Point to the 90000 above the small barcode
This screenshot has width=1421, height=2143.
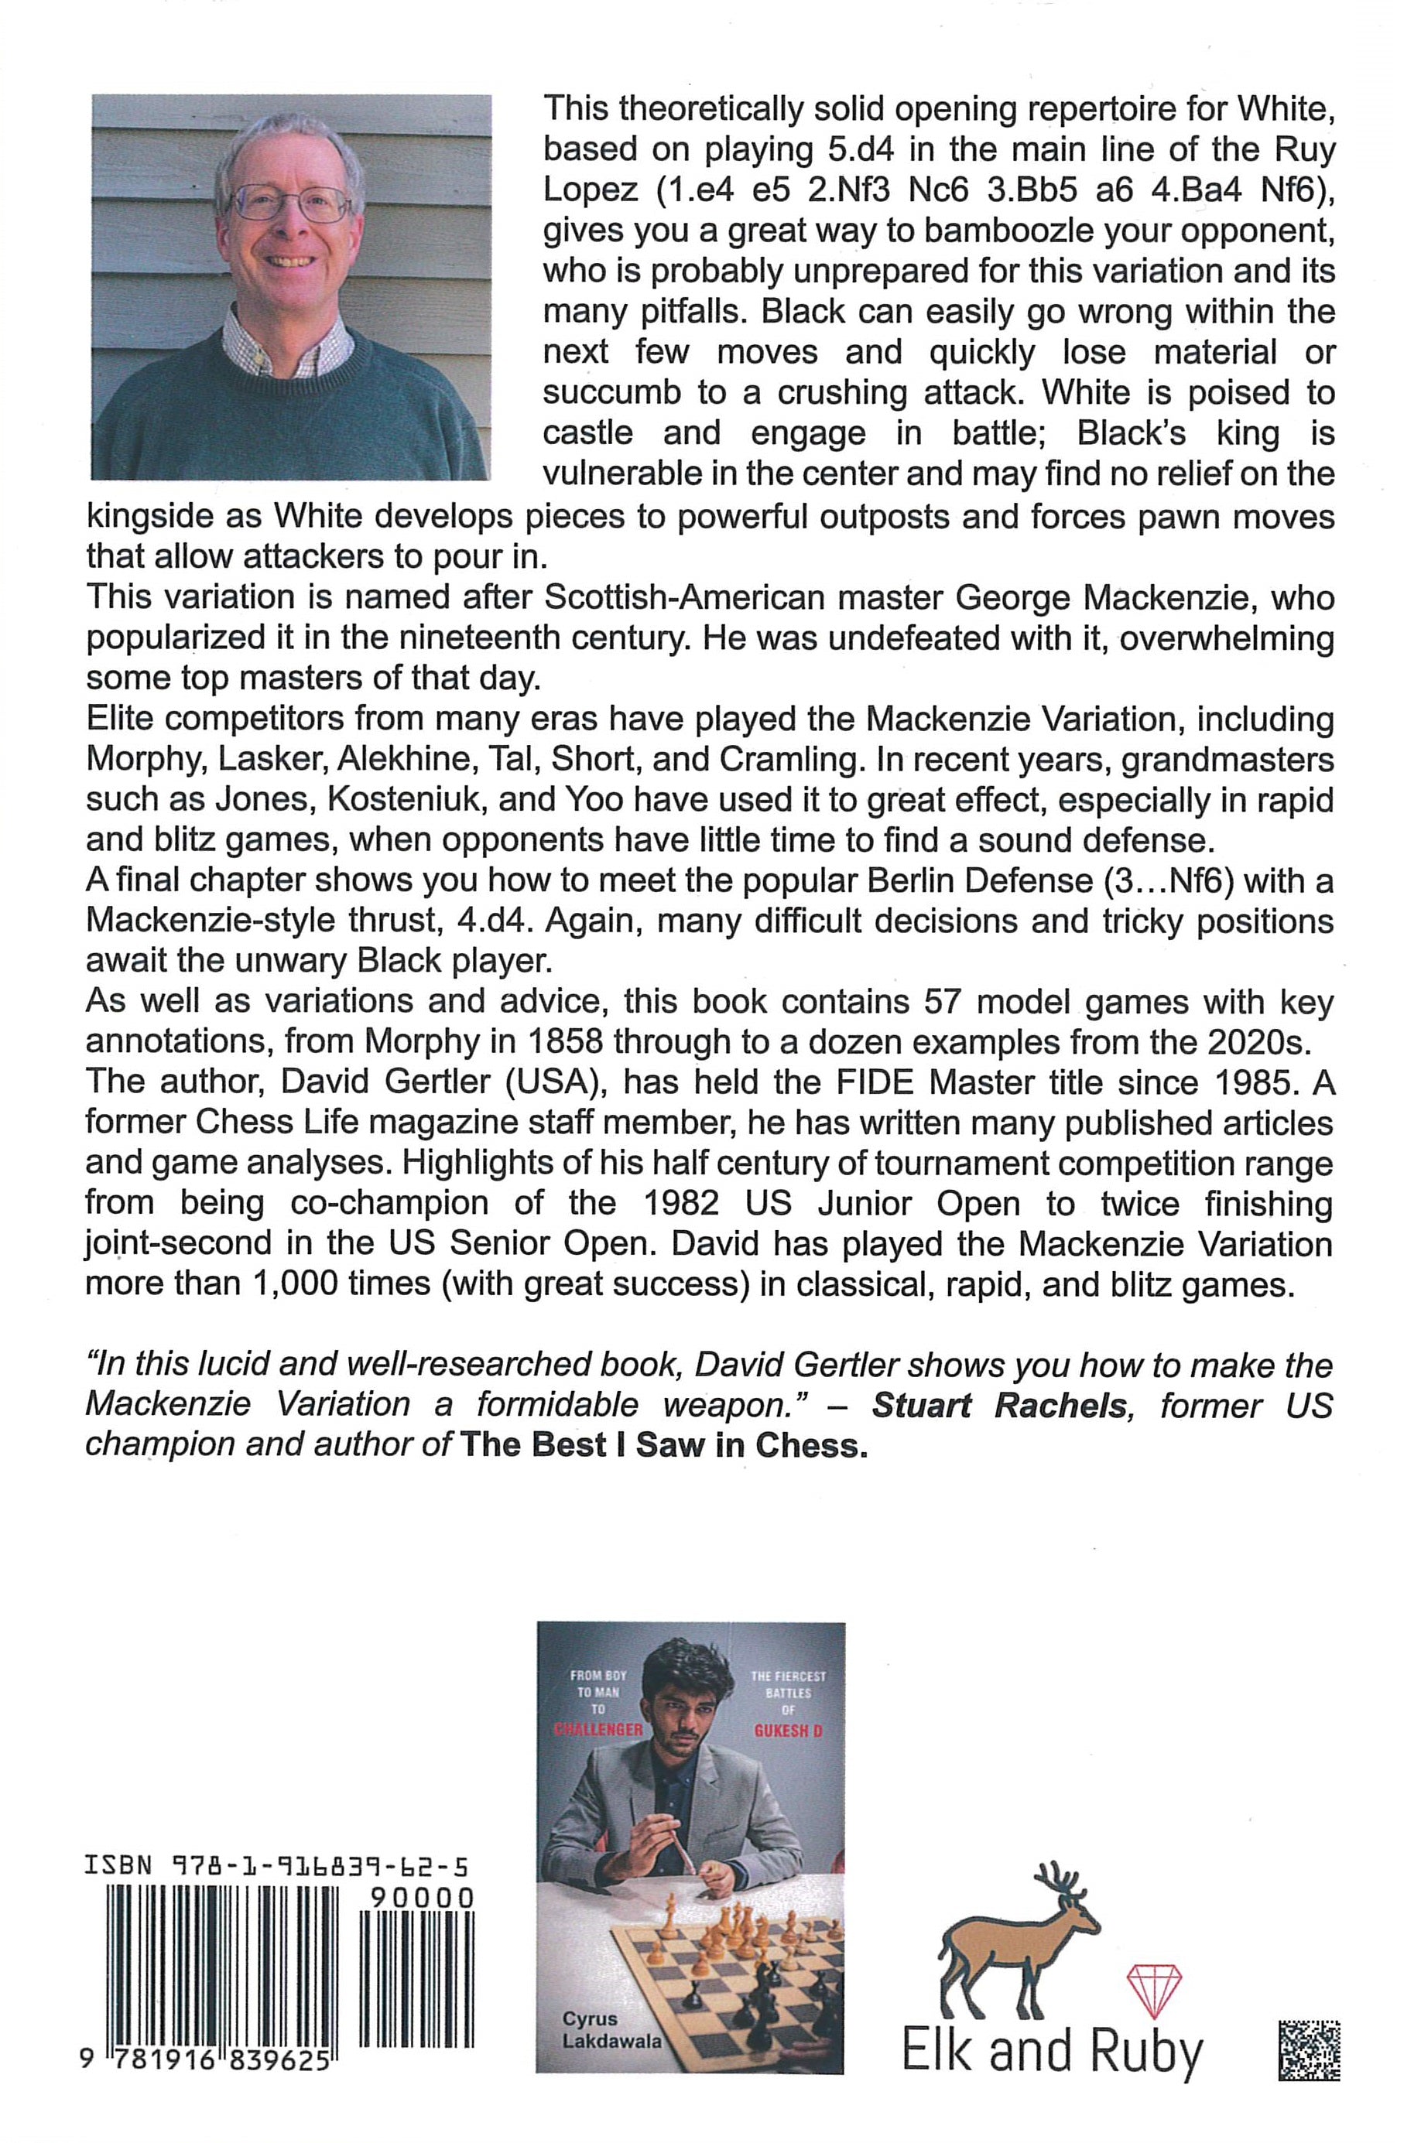click(x=423, y=1898)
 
